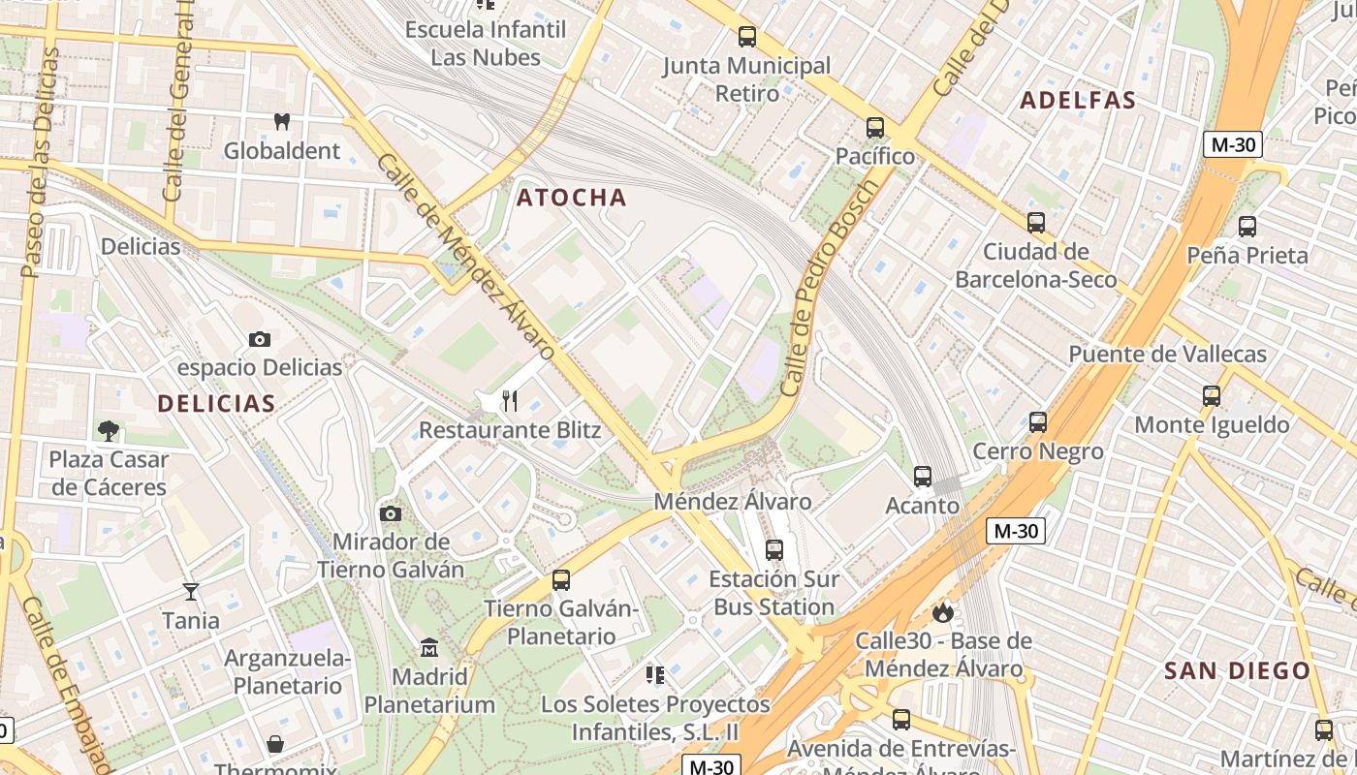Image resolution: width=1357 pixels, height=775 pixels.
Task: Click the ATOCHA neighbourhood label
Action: coord(572,198)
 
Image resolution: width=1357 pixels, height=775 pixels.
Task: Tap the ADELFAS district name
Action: coord(1078,101)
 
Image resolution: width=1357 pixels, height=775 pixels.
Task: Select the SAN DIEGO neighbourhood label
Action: coord(1237,670)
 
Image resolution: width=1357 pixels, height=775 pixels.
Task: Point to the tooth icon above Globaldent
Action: coord(282,122)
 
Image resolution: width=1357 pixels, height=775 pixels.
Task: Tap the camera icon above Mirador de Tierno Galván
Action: coord(391,513)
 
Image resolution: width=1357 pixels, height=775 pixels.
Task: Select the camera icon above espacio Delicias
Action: coord(259,339)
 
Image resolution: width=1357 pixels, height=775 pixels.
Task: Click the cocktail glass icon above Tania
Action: coord(191,591)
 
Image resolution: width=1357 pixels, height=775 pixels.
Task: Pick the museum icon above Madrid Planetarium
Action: coord(429,647)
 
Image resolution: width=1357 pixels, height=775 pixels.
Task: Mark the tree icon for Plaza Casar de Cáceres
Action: coord(109,430)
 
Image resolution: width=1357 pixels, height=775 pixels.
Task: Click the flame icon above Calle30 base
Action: coord(942,612)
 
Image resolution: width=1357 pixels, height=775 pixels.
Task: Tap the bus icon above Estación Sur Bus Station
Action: coord(774,550)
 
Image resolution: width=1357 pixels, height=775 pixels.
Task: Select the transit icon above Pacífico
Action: coord(875,128)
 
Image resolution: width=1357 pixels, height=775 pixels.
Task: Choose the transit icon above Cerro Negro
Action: coord(1038,422)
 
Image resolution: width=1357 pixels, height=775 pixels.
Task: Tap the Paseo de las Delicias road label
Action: coord(40,163)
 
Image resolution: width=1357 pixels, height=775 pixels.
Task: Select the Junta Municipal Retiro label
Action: coord(746,79)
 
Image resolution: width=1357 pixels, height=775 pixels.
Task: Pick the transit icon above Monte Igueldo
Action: coord(1212,396)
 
